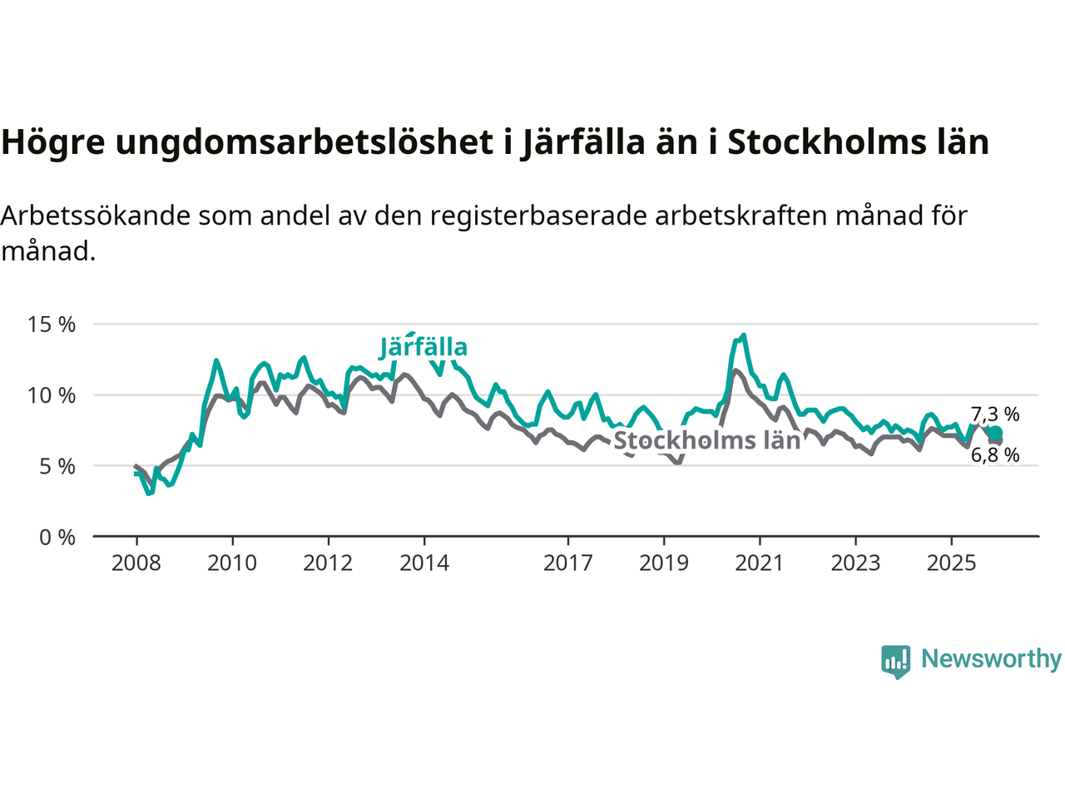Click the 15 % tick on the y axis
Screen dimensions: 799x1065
pos(52,325)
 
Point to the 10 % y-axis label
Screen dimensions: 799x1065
pos(52,395)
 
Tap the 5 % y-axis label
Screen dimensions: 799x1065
pos(57,466)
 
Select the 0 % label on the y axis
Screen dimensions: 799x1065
pos(57,538)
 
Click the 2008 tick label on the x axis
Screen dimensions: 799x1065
pos(136,563)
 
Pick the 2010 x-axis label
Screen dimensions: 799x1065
pos(232,563)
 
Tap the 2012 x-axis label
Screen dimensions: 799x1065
pos(328,563)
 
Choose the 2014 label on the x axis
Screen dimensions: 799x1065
pos(424,563)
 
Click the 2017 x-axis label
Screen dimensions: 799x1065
pos(568,563)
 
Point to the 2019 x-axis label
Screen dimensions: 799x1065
pos(664,563)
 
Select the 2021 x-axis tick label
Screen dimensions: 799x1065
pos(760,563)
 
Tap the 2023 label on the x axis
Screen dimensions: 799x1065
pos(855,563)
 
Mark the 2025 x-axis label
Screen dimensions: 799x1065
pos(952,563)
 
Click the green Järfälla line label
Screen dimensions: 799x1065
pos(424,347)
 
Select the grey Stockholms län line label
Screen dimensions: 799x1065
pos(706,440)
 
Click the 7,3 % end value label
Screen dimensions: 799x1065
pos(995,414)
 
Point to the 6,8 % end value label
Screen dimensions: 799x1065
pos(995,455)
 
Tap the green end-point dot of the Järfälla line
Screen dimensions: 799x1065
pos(995,433)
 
